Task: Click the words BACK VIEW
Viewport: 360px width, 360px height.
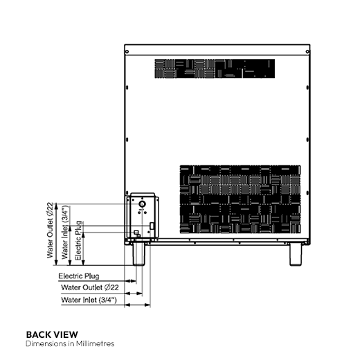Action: click(52, 334)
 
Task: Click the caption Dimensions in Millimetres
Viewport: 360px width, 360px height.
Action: click(70, 343)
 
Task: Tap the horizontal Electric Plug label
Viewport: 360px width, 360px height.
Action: click(79, 276)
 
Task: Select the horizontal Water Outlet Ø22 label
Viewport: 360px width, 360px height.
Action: click(90, 287)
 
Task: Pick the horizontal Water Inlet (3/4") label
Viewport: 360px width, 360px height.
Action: click(89, 300)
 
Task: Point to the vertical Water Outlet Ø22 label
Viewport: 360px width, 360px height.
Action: click(50, 231)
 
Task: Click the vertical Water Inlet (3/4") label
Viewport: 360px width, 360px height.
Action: click(65, 232)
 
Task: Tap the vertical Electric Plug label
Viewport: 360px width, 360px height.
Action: click(79, 240)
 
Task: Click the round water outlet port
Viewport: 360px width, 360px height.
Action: click(142, 204)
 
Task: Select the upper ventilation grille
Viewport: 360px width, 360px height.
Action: click(215, 69)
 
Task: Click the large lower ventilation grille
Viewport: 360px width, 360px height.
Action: click(240, 199)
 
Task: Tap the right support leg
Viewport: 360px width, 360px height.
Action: click(296, 255)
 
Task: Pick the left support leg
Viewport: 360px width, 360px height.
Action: click(138, 253)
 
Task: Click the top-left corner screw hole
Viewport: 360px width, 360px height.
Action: click(127, 52)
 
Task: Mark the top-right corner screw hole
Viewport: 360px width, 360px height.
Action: click(307, 52)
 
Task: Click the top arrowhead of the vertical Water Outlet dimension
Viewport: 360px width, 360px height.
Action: click(56, 206)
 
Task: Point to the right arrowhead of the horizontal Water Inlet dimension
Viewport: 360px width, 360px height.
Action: click(147, 305)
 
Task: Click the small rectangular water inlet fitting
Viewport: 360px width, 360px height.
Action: click(152, 226)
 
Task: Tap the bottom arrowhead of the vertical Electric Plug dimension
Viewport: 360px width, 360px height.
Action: click(84, 262)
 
